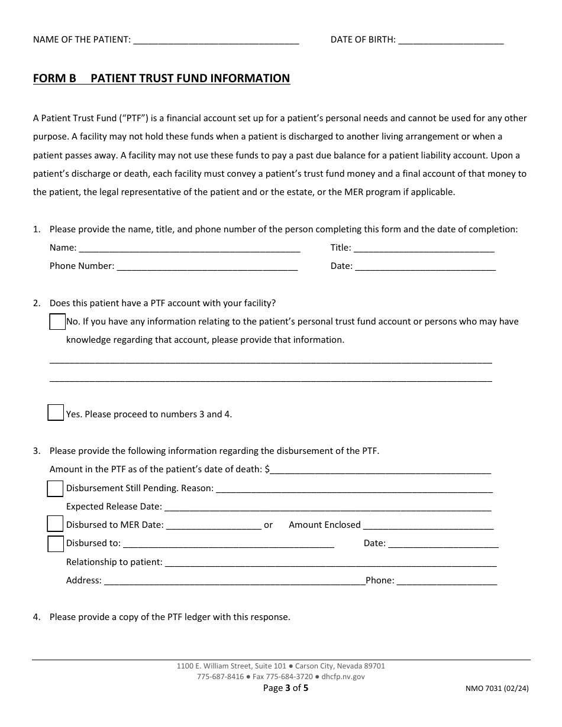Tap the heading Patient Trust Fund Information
[190, 78]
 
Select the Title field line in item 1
[424, 248]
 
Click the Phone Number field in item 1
[207, 267]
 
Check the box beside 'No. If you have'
[57, 322]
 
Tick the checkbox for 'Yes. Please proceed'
[56, 413]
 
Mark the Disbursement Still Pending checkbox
[55, 489]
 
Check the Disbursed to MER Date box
[55, 524]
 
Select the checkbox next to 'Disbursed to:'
[56, 543]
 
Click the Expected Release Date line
[327, 507]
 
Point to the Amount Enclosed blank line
[428, 525]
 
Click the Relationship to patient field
[330, 563]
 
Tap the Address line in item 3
[235, 581]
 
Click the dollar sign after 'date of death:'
[268, 469]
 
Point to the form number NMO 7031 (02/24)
[498, 688]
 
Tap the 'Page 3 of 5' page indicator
[286, 687]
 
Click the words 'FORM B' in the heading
[54, 78]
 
